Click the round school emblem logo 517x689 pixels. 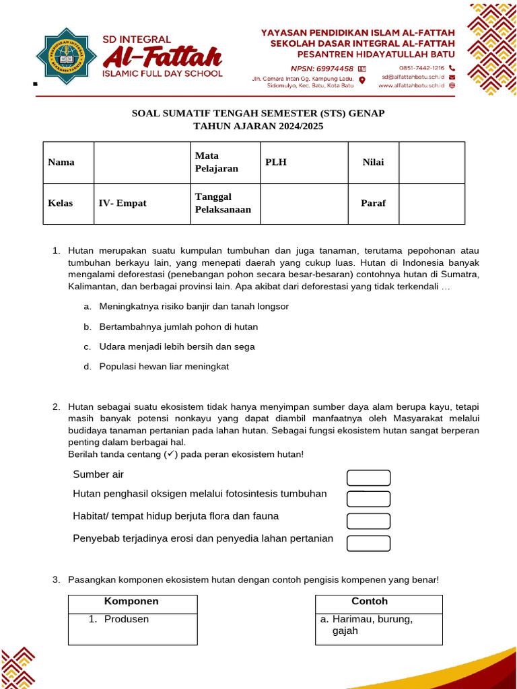[x=65, y=57]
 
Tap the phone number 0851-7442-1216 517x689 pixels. [x=421, y=69]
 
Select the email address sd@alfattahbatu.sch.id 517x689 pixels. [x=413, y=77]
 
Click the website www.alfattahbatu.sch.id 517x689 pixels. [x=412, y=86]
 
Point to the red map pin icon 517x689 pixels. [x=362, y=80]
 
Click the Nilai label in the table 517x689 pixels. [x=373, y=162]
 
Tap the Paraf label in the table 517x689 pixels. [x=373, y=203]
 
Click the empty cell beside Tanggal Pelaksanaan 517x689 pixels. [x=304, y=203]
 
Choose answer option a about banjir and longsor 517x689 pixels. [x=194, y=306]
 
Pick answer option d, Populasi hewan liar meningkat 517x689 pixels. [x=164, y=367]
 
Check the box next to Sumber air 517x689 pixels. [x=368, y=478]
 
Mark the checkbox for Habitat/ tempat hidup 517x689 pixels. [x=368, y=521]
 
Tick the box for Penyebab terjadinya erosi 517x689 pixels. [x=368, y=543]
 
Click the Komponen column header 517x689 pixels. [x=132, y=602]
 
